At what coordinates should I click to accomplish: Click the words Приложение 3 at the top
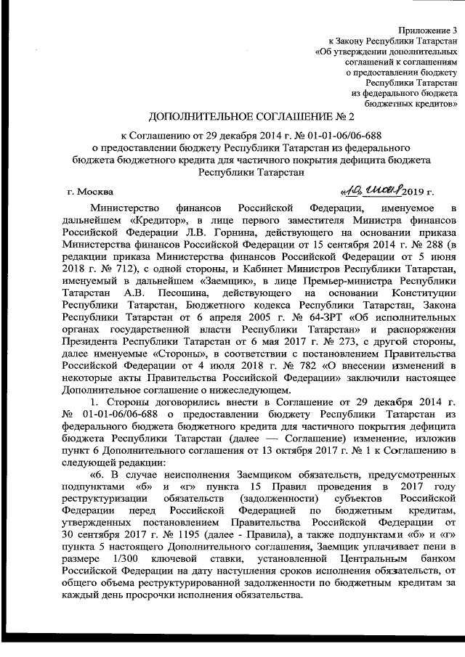[429, 30]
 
